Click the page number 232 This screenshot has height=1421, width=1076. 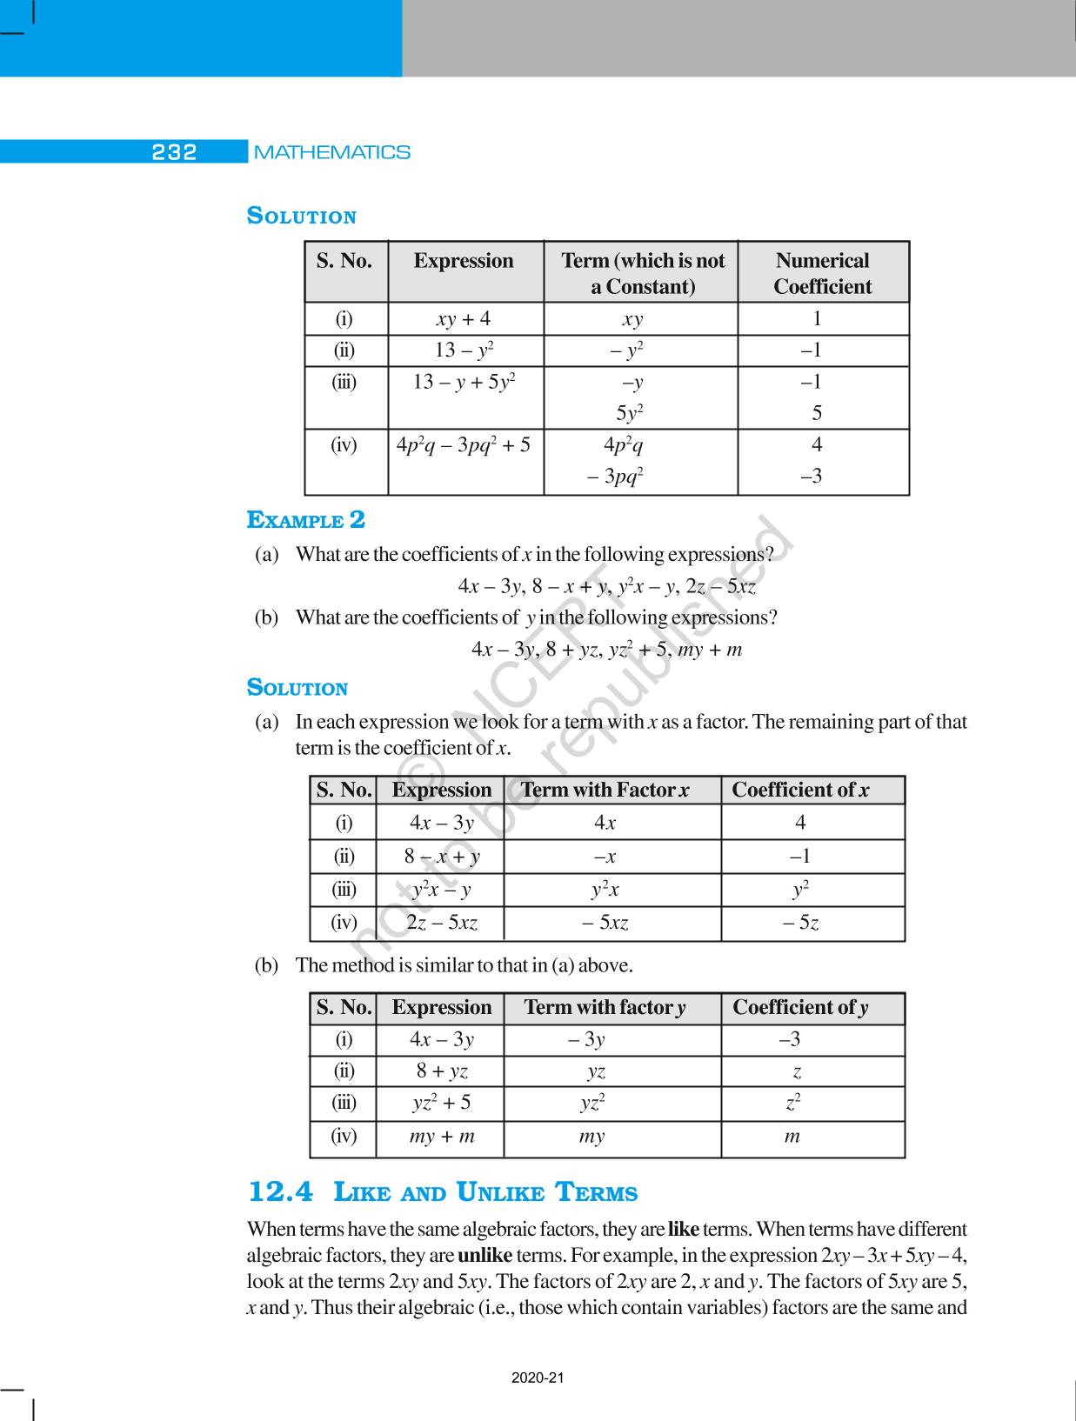pos(174,152)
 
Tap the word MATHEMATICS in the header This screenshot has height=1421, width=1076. pos(331,152)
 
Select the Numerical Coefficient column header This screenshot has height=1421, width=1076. pos(822,273)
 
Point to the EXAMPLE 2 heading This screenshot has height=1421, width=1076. pos(306,520)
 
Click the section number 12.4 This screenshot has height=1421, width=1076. pos(280,1191)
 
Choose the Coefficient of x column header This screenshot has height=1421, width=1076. pos(799,790)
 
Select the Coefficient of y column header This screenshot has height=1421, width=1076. pos(799,1007)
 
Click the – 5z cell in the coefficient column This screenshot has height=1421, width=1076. pos(800,923)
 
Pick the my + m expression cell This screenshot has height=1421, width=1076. pos(442,1136)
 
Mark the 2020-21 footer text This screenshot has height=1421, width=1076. pos(538,1378)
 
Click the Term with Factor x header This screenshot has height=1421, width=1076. pos(605,790)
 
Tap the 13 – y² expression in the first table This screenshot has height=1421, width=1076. pos(464,350)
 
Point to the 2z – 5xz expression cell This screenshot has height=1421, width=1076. pos(442,923)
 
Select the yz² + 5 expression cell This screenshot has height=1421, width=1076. pos(441,1103)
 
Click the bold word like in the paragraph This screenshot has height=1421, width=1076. pos(684,1230)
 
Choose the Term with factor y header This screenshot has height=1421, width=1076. pos(605,1007)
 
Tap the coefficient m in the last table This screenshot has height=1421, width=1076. pos(792,1136)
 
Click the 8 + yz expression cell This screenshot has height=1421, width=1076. pos(442,1071)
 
